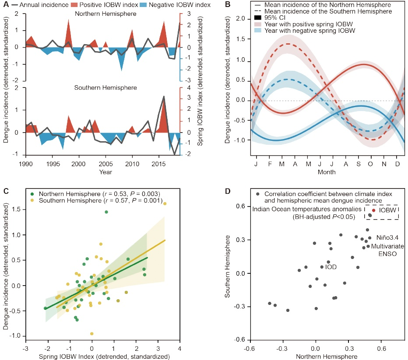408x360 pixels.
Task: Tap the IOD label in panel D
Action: pyautogui.click(x=331, y=266)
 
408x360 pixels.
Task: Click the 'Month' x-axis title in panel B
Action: pyautogui.click(x=327, y=172)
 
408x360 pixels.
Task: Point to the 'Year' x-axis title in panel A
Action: pyautogui.click(x=105, y=172)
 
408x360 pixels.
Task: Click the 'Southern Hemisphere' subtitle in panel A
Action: pyautogui.click(x=105, y=88)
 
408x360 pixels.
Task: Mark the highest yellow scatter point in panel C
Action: pyautogui.click(x=165, y=203)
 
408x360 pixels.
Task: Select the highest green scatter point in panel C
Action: pyautogui.click(x=106, y=212)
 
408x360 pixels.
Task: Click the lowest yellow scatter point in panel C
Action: pyautogui.click(x=91, y=334)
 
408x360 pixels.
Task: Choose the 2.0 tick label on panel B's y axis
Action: pyautogui.click(x=237, y=19)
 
